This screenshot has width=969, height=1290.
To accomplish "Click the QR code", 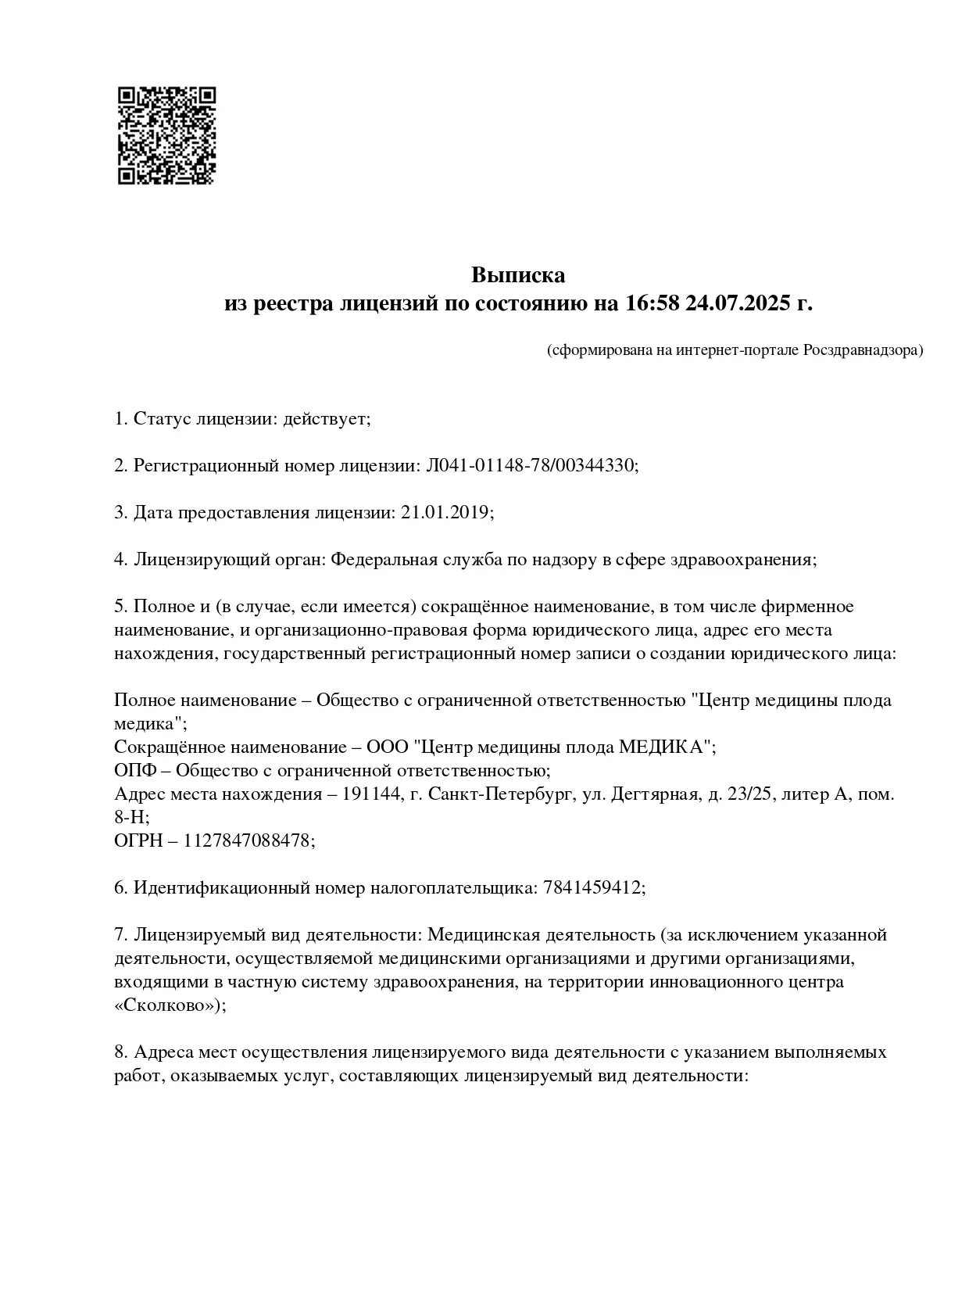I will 166,135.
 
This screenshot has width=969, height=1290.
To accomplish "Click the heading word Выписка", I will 517,275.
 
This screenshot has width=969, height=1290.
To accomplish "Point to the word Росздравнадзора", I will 863,349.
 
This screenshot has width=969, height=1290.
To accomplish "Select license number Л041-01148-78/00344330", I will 531,466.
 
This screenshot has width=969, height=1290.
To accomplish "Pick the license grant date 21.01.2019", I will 446,513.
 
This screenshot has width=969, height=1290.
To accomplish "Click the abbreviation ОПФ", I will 131,770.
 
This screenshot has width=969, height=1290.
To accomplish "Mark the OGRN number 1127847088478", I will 249,841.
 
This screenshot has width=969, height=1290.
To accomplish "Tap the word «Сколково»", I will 169,1006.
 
